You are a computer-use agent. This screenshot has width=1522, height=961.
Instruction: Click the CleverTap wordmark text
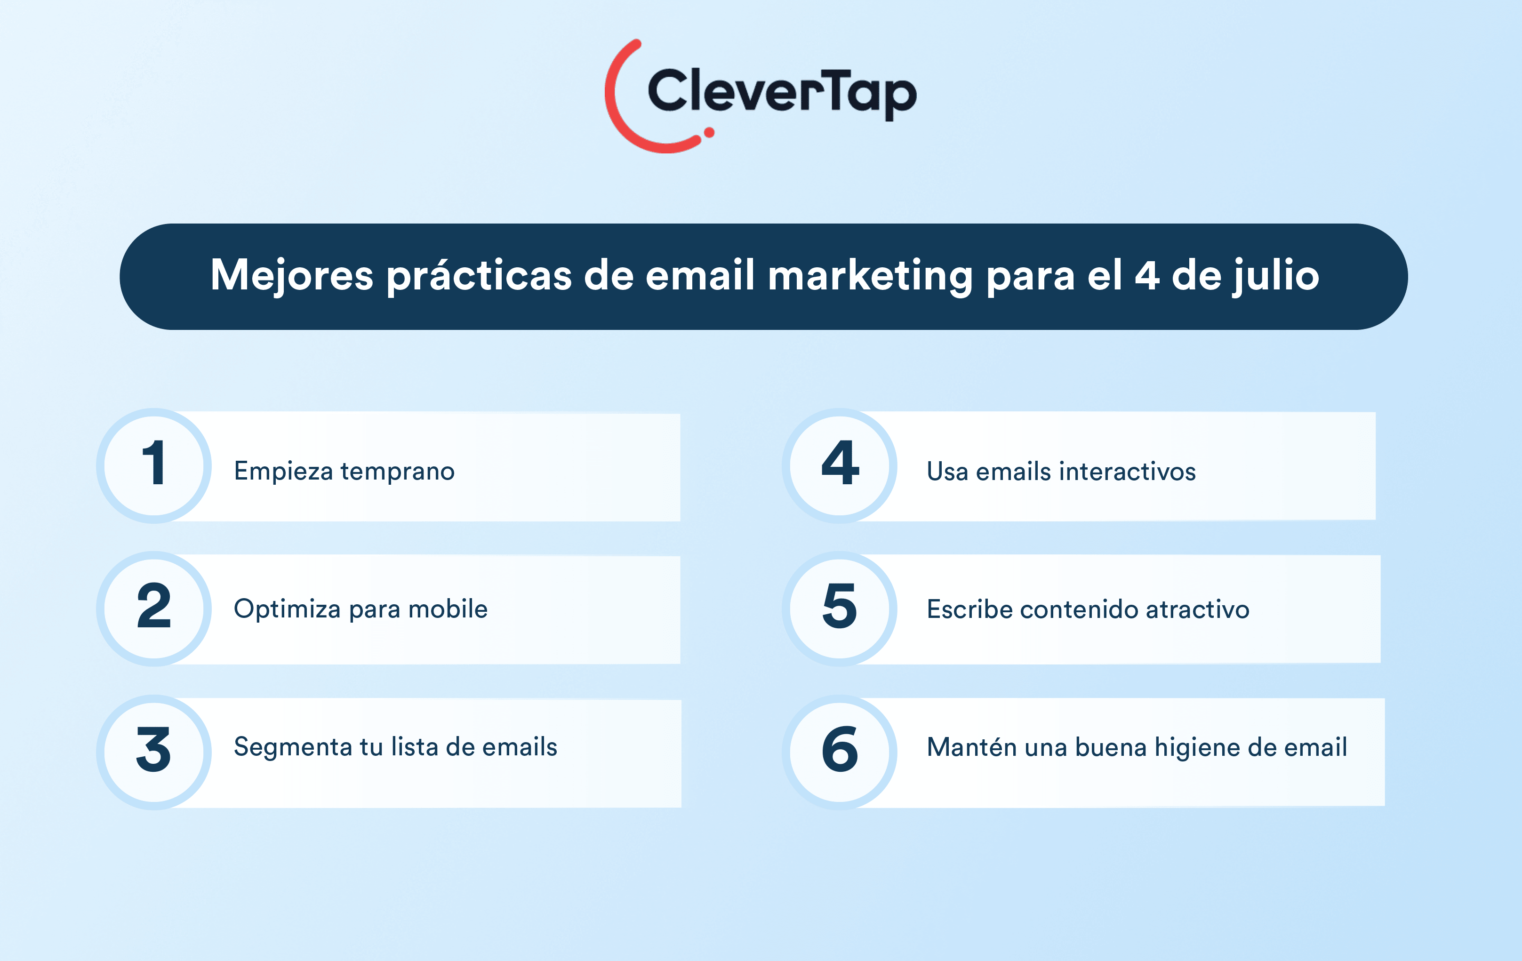[783, 94]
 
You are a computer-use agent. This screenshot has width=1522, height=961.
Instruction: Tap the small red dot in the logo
[709, 132]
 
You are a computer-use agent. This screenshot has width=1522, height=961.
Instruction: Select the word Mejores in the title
[292, 276]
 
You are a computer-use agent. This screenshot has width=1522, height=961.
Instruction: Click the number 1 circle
[154, 466]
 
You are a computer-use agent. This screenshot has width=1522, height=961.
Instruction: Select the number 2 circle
[154, 609]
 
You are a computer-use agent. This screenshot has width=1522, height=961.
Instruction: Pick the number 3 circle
[154, 753]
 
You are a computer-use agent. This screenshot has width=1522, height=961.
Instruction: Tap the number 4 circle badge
[840, 466]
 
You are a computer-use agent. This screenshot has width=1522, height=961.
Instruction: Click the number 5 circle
[840, 609]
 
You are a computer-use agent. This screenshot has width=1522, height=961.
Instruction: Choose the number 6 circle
[840, 753]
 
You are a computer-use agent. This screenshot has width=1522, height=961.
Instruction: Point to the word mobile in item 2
[448, 609]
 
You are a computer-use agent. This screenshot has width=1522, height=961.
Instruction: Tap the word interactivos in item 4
[1127, 472]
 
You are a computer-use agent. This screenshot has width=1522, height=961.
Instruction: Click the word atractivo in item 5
[1198, 609]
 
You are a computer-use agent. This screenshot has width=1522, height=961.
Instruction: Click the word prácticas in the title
[479, 276]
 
